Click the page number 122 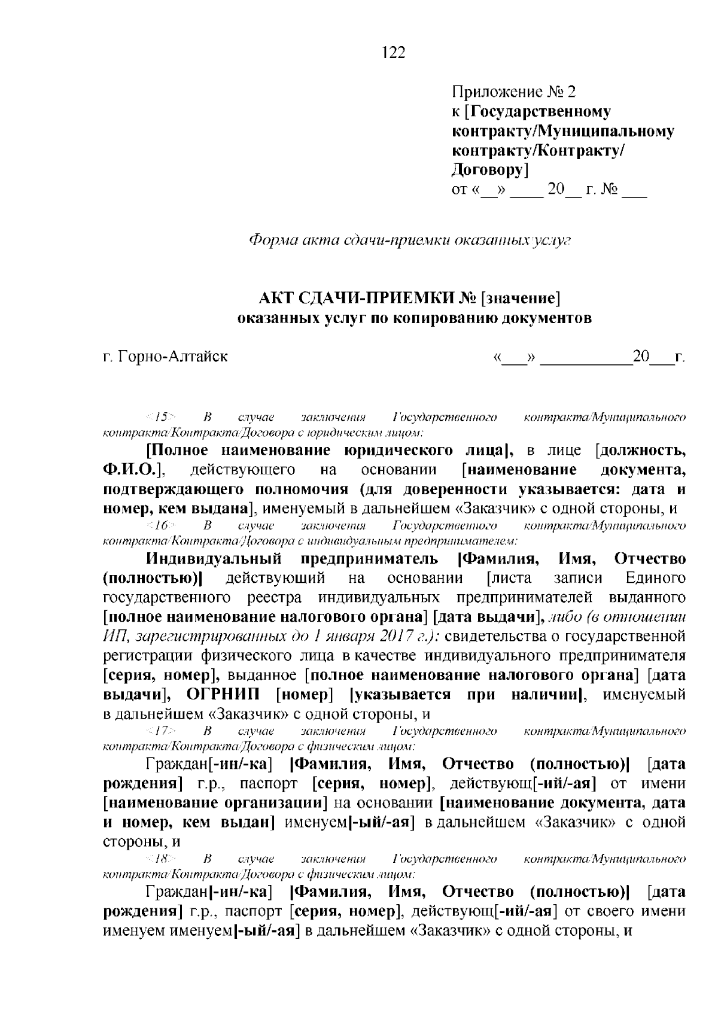coord(393,53)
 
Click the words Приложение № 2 coord(513,92)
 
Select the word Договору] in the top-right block coord(489,171)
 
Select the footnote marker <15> coord(160,416)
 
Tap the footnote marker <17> coord(160,731)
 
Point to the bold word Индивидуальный coord(214,559)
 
